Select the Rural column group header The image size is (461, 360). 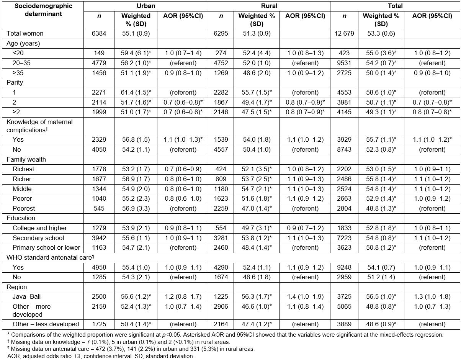tap(269, 6)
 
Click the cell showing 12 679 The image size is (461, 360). tap(344, 33)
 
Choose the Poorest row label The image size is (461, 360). tap(24, 208)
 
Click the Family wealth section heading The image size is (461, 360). tap(22, 159)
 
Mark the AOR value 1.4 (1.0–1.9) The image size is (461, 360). tap(305, 297)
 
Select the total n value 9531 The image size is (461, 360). tap(344, 63)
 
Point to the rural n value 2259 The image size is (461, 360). tap(221, 208)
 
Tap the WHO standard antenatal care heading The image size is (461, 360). tap(49, 257)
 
